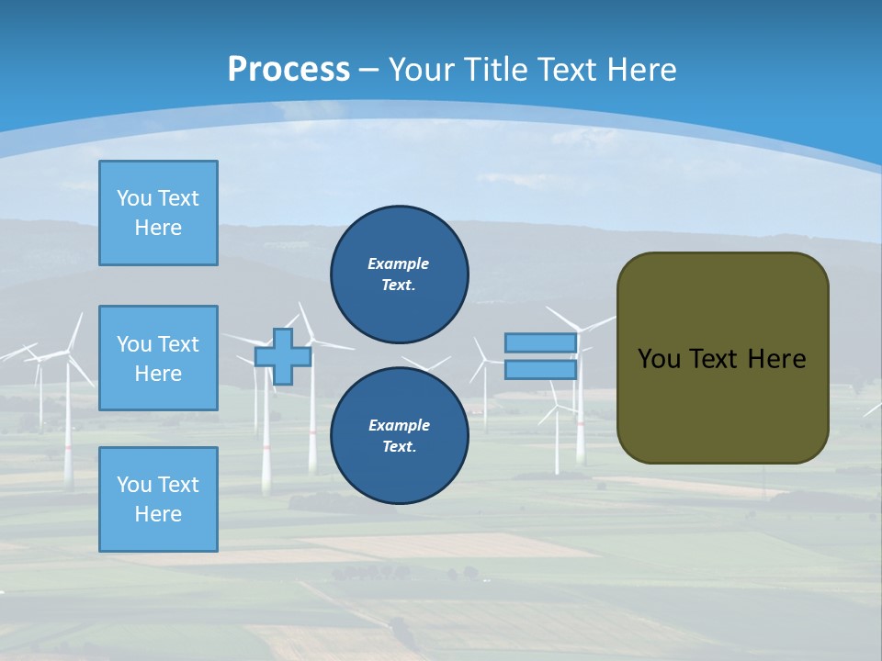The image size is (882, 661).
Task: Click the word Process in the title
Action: (x=288, y=69)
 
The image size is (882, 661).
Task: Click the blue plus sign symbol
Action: (x=283, y=356)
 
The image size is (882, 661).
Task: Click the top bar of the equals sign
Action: (x=540, y=343)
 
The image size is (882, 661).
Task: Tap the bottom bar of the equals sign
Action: (x=540, y=370)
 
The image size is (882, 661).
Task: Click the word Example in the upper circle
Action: (x=399, y=263)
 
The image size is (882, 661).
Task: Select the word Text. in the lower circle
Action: (x=399, y=447)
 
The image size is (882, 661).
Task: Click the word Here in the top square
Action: (x=158, y=228)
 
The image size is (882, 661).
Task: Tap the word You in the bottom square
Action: (x=134, y=485)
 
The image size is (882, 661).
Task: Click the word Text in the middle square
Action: (x=177, y=344)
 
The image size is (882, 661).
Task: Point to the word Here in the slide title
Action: (x=639, y=70)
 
